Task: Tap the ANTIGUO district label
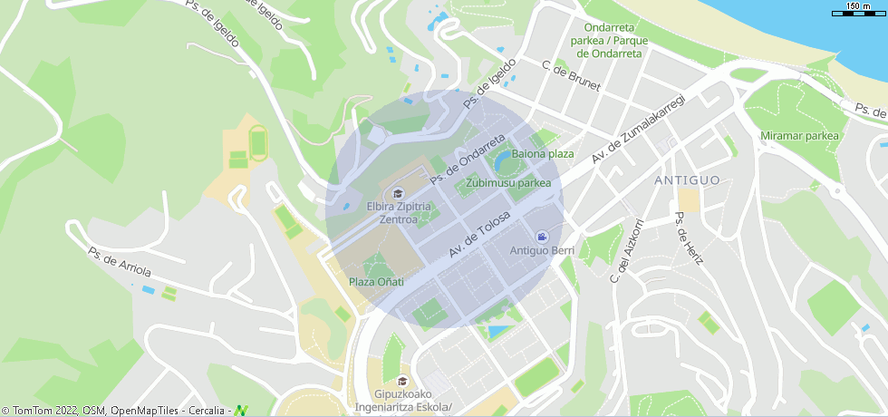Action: tap(687, 180)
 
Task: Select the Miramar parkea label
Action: tap(800, 136)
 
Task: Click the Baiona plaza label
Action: tap(543, 153)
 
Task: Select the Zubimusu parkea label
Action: tap(508, 183)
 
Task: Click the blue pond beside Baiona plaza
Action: tap(501, 160)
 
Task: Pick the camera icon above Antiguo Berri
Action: tap(542, 236)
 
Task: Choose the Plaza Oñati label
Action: tap(376, 282)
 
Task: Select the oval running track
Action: tap(258, 143)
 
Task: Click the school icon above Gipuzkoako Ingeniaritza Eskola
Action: tap(402, 380)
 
